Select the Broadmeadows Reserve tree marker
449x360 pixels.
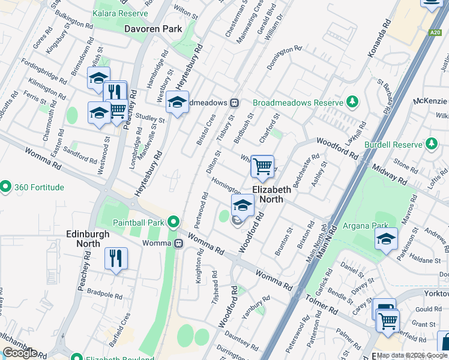pyautogui.click(x=354, y=102)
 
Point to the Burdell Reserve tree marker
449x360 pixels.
pyautogui.click(x=431, y=144)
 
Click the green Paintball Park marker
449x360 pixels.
pyautogui.click(x=173, y=222)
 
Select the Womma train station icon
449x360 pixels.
pyautogui.click(x=178, y=243)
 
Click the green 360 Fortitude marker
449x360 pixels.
pyautogui.click(x=6, y=187)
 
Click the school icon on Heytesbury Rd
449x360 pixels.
pyautogui.click(x=178, y=103)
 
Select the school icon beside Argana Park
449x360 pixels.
pyautogui.click(x=386, y=239)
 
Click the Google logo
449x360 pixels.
pyautogui.click(x=20, y=353)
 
